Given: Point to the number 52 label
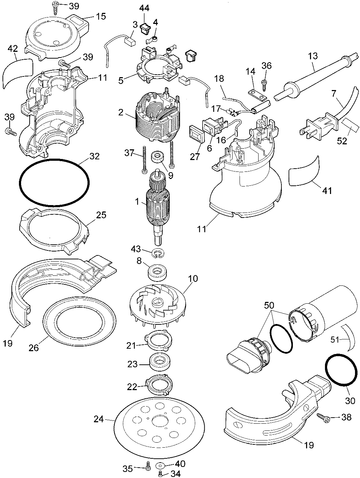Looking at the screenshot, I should (342, 141).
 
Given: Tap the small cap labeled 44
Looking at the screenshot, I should (145, 27).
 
